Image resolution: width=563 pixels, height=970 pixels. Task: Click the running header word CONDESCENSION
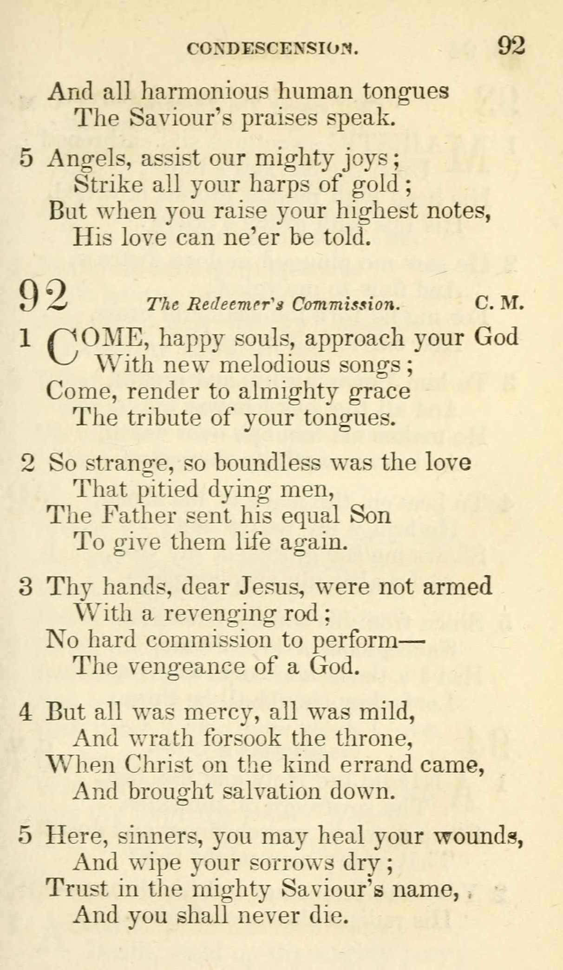click(x=272, y=48)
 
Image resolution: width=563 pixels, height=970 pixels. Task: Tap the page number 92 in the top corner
click(x=511, y=46)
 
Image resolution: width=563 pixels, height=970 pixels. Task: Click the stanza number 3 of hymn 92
click(x=26, y=587)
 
